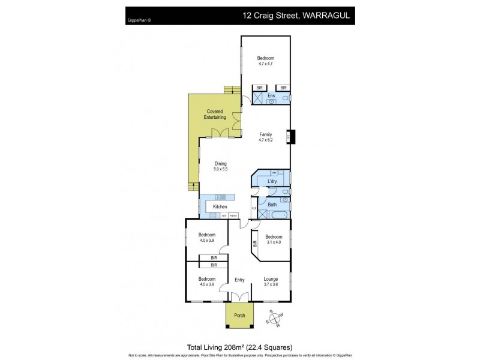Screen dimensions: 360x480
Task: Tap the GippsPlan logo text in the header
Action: pos(139,19)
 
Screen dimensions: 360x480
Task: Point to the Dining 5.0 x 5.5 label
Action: pos(220,166)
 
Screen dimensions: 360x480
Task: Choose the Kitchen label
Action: pos(220,206)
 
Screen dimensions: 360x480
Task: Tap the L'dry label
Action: pos(272,181)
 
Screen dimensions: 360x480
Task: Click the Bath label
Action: pos(272,205)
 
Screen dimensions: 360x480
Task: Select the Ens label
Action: pos(271,96)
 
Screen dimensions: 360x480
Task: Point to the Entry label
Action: pos(240,280)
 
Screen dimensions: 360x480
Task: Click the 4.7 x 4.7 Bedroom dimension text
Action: pos(265,64)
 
